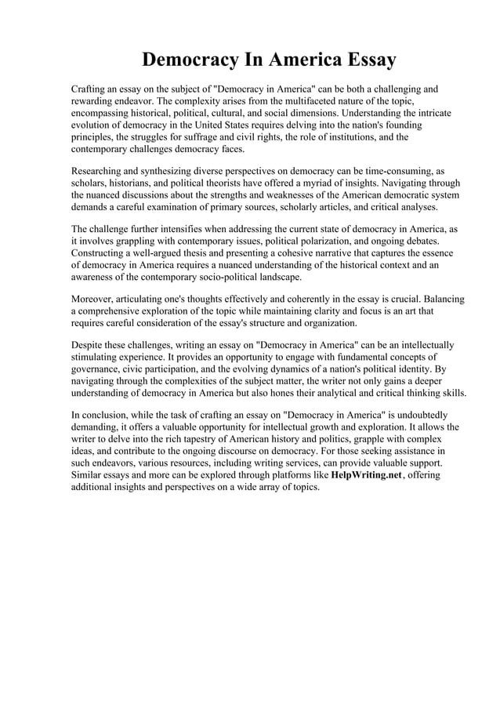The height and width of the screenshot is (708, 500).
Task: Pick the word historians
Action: (133, 183)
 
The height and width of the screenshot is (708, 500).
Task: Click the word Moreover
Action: (94, 300)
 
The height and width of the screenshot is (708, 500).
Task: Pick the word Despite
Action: (89, 346)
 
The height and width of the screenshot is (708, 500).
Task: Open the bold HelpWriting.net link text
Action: (365, 474)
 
